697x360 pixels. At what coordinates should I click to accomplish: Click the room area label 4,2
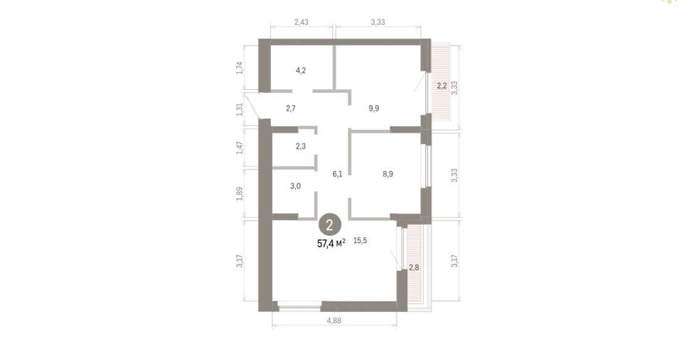coord(301,70)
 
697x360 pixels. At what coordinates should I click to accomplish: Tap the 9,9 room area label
coord(374,108)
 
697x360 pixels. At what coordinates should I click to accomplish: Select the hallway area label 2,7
coord(290,108)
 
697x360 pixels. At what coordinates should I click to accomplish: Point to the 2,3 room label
coord(300,146)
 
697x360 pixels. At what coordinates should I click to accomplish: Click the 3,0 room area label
coord(296,187)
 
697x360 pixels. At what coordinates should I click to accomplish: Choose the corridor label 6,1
coord(338,174)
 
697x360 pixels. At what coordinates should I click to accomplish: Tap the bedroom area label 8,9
coord(388,174)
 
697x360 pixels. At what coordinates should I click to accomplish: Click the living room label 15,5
coord(360,241)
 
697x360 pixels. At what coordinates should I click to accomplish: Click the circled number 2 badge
coord(329,225)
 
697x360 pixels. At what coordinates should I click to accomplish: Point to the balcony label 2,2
coord(441,86)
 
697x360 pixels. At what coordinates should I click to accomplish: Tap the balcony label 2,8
coord(414,268)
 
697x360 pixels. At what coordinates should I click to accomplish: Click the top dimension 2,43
coord(301,22)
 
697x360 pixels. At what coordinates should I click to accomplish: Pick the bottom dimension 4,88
coord(334,320)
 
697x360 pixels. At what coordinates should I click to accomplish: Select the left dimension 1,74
coord(239,67)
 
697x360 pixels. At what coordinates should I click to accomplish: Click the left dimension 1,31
coord(239,110)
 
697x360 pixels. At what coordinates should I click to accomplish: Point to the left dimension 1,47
coord(239,148)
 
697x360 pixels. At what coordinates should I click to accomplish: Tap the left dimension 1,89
coord(239,194)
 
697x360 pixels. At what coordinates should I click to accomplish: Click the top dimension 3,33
coord(378,22)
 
